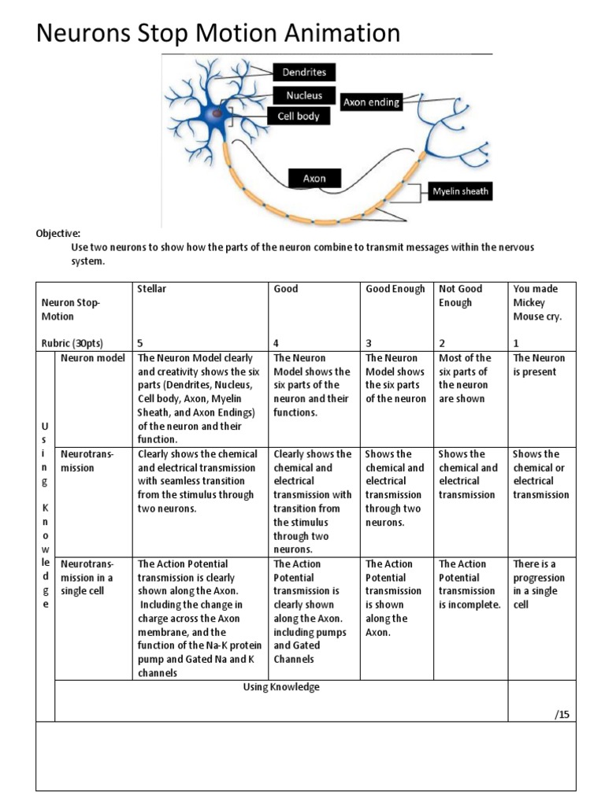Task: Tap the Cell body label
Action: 298,116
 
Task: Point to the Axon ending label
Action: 372,102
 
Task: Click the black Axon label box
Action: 314,179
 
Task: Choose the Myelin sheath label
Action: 460,191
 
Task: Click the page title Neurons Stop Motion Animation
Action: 219,34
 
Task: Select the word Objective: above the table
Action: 58,234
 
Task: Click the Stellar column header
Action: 152,289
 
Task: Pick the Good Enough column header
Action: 395,289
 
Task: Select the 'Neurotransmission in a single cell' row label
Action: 87,578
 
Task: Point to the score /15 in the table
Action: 560,714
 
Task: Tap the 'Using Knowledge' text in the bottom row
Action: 281,687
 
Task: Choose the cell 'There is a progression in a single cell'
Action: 540,584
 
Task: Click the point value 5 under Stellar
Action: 140,343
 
